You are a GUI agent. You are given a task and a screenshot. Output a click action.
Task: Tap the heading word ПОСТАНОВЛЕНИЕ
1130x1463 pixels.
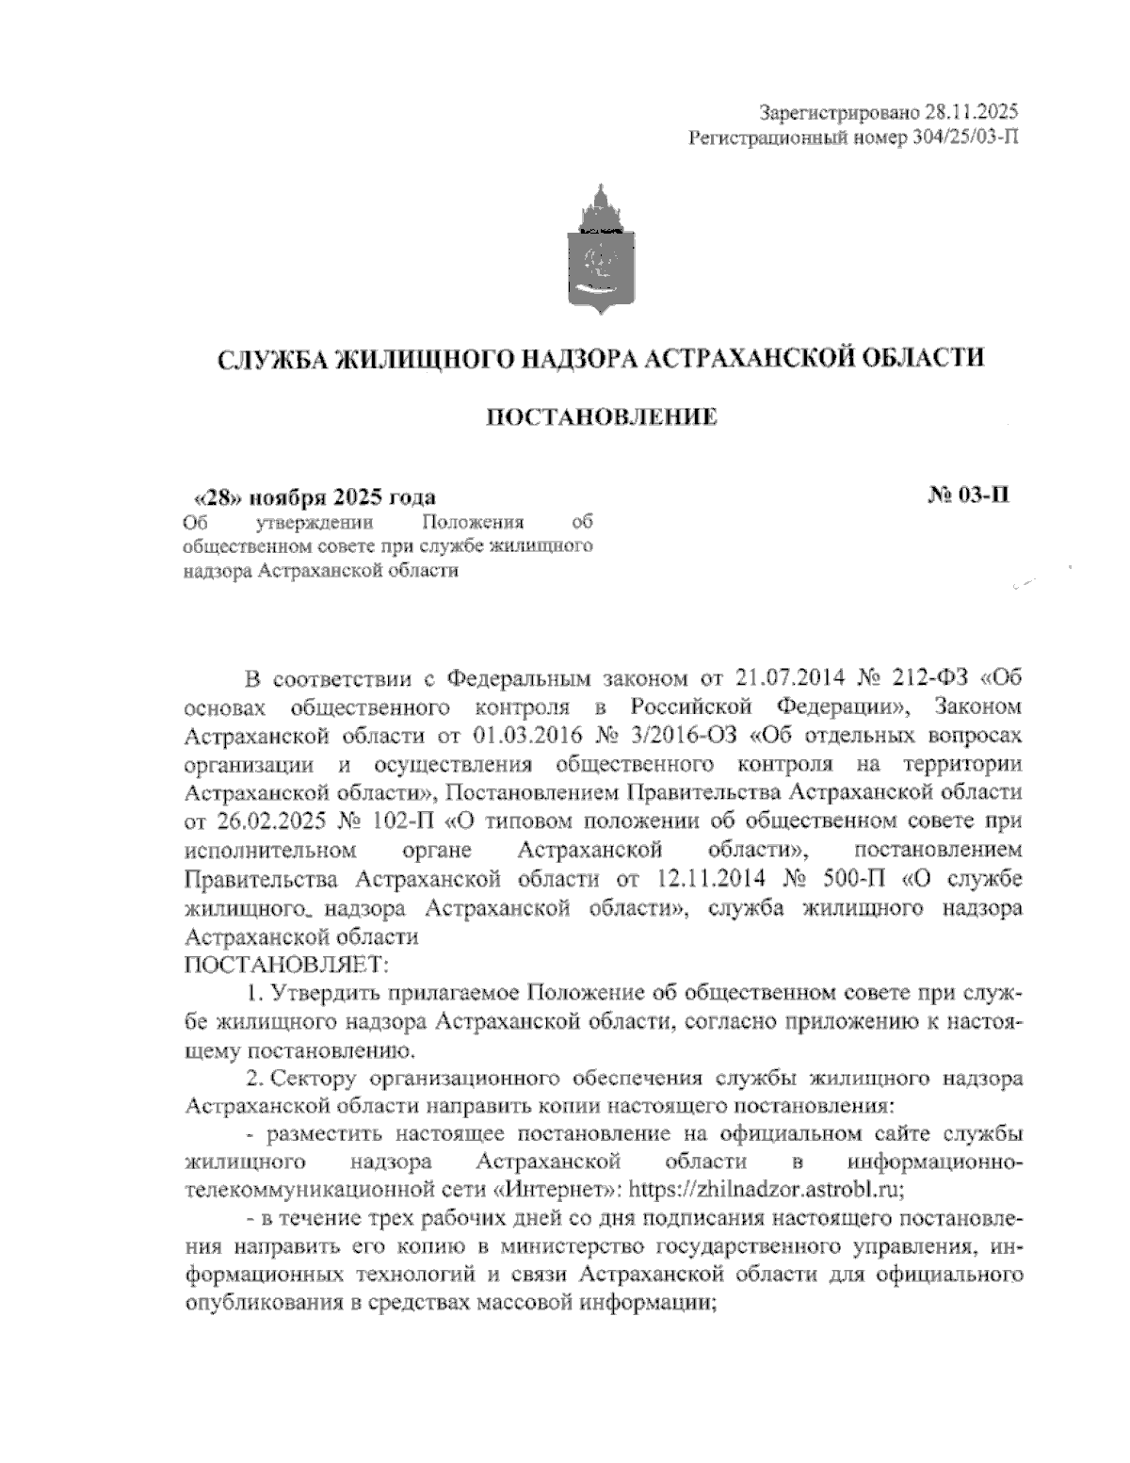click(601, 416)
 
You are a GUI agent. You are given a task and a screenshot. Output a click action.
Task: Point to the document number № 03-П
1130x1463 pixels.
click(968, 496)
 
